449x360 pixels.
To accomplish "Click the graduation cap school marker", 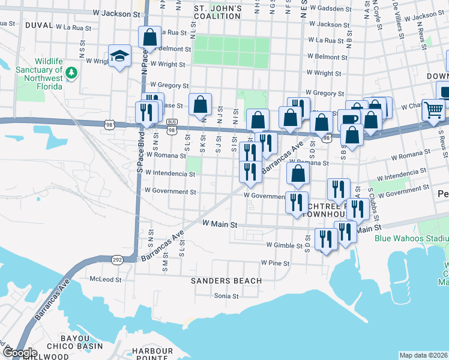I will point(120,56).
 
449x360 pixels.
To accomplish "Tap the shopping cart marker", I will point(433,110).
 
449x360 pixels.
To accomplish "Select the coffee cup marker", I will point(349,118).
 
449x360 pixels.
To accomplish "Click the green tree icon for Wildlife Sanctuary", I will point(72,73).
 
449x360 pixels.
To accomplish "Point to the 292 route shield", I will point(117,259).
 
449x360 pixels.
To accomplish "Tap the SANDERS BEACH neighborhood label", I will point(226,281).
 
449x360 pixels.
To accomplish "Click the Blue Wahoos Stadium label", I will point(411,238).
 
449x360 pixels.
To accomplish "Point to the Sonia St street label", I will point(227,296).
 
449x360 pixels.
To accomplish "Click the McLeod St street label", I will point(106,280).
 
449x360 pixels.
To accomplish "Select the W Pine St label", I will point(275,263).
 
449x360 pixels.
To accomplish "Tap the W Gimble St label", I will point(286,245).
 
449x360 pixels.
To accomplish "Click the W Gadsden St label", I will point(330,9).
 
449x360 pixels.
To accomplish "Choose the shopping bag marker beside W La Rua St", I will point(149,37).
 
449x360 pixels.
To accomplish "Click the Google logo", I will point(19,353).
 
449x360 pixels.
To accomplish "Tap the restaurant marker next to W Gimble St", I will point(326,239).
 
